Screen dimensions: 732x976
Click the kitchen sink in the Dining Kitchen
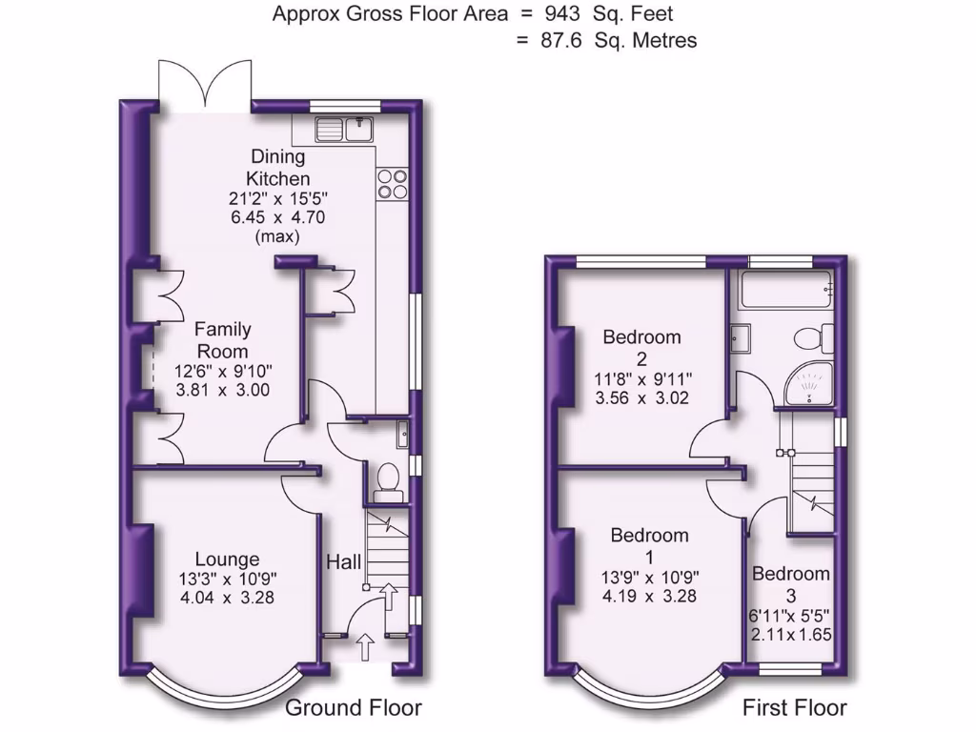click(x=346, y=128)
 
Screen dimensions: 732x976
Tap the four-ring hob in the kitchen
click(x=393, y=183)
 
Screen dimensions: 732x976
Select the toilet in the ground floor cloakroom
click(x=388, y=480)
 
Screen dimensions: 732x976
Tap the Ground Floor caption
click(x=354, y=708)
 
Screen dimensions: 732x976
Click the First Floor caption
click(x=795, y=708)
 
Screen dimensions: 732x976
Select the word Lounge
click(x=227, y=559)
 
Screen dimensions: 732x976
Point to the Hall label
click(x=344, y=563)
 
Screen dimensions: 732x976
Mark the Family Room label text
click(x=223, y=340)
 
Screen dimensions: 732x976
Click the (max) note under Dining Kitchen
click(x=277, y=236)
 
